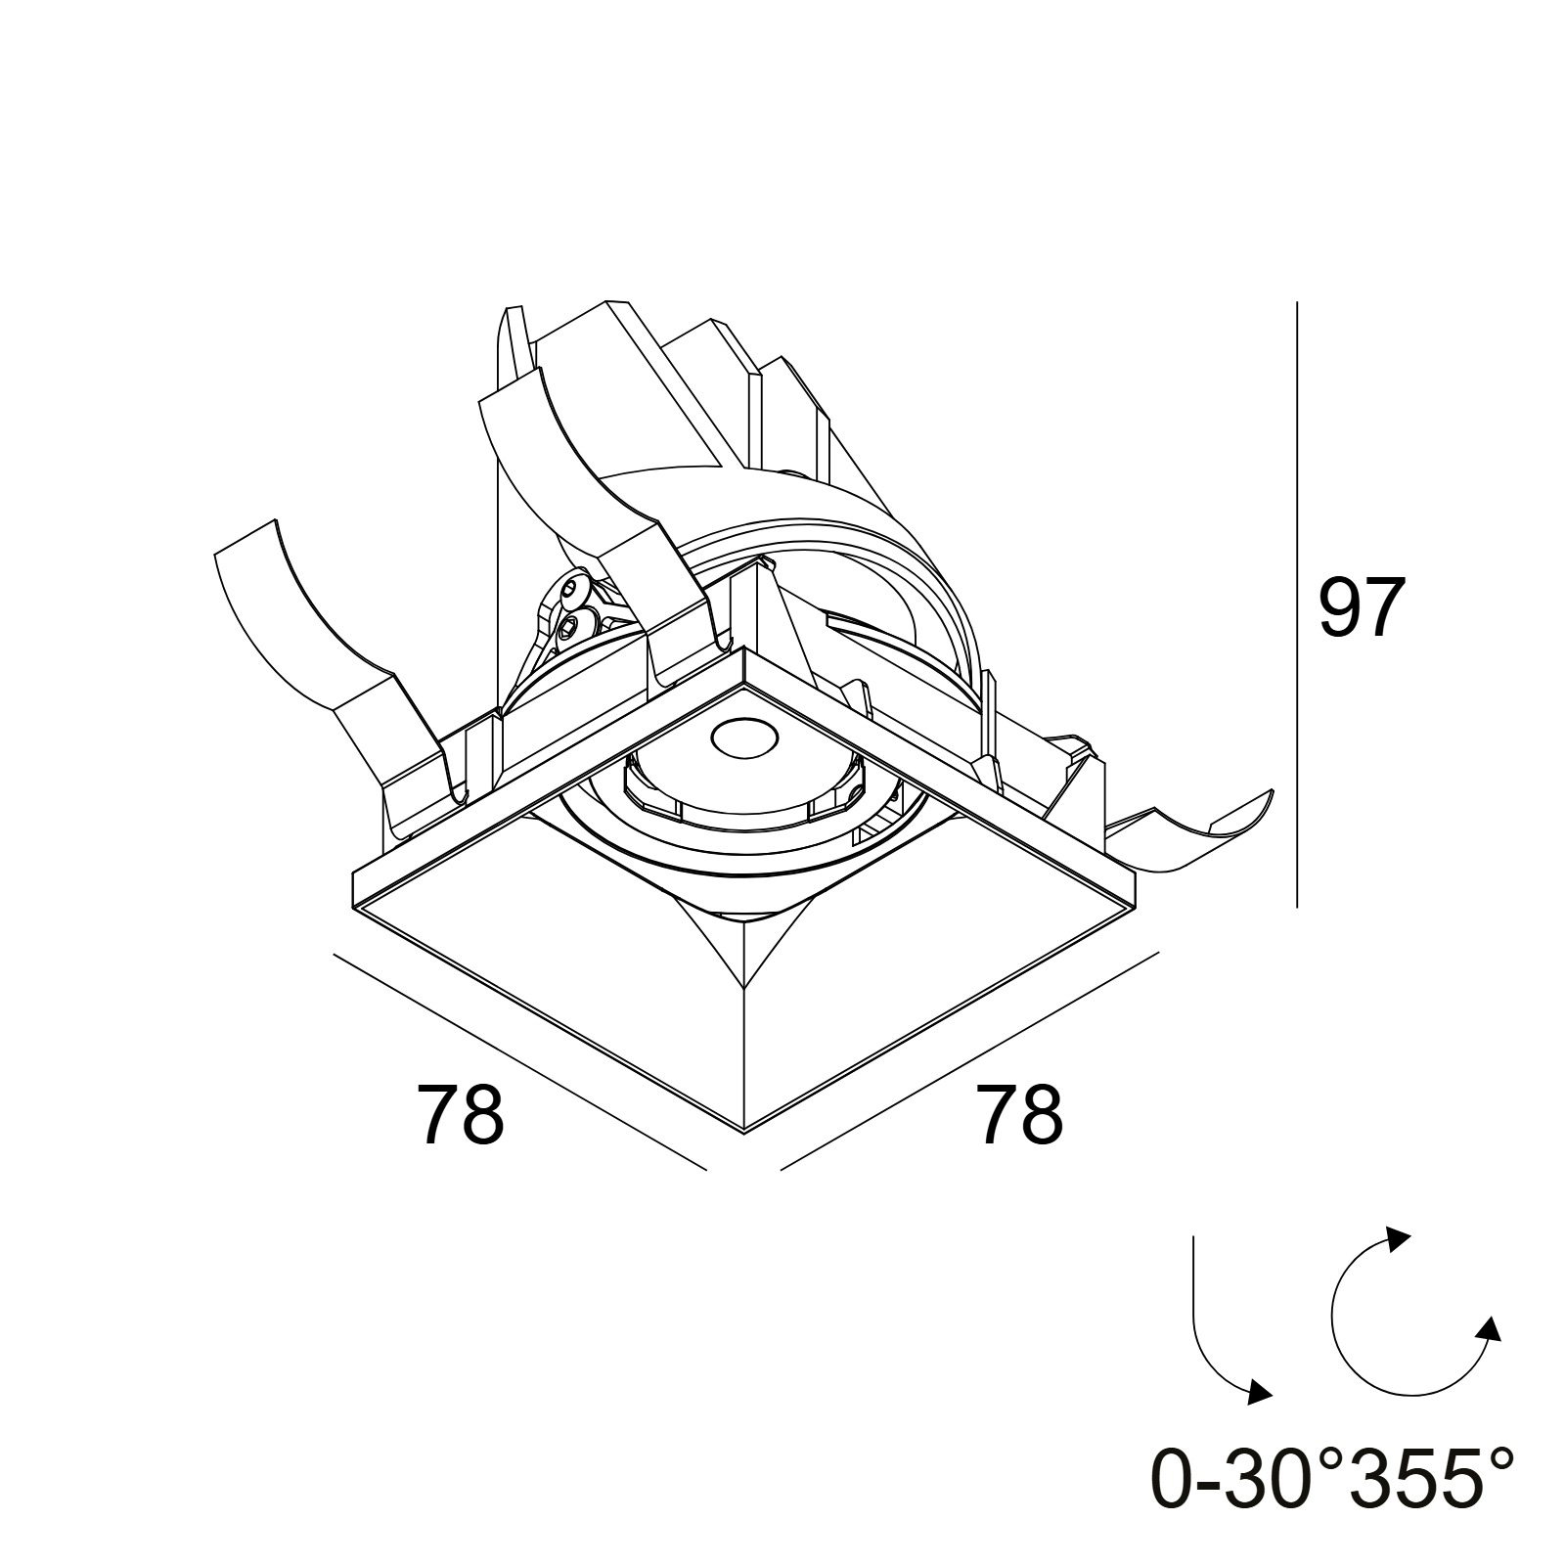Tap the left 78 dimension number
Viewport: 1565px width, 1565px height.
461,1114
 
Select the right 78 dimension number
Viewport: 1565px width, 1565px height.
1019,1114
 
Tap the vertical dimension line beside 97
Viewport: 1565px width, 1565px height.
1296,604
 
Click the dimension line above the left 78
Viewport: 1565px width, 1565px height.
519,1061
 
